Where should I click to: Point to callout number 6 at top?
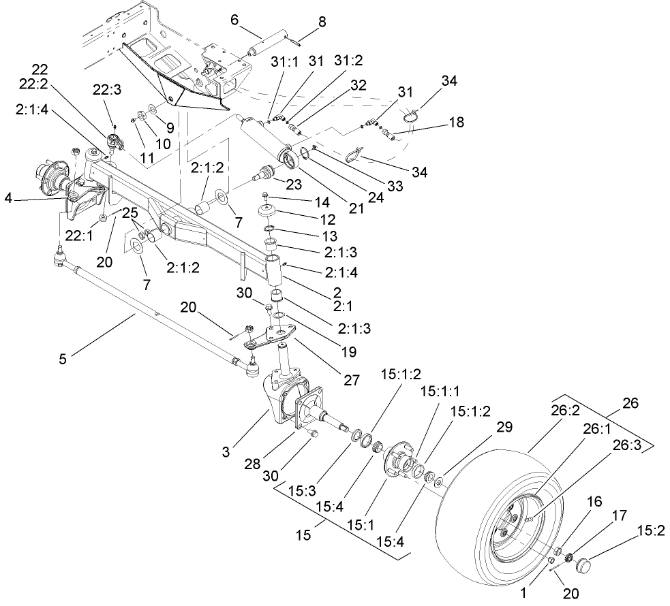(234, 20)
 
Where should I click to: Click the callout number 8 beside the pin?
(322, 22)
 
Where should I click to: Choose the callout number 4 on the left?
(7, 199)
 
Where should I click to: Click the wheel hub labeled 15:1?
(395, 460)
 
